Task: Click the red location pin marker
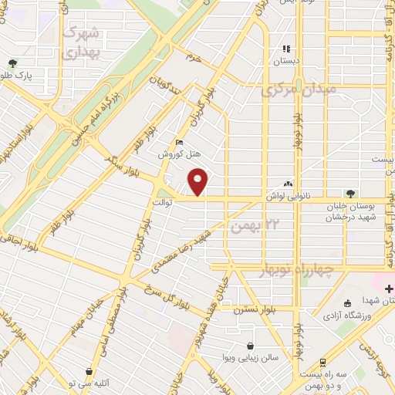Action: tap(198, 181)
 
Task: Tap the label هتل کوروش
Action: tap(174, 154)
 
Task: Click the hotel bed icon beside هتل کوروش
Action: tap(180, 142)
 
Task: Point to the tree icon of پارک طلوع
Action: tap(12, 64)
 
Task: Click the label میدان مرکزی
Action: tap(299, 89)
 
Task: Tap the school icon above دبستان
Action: tap(286, 49)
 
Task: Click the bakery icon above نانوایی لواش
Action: tap(288, 184)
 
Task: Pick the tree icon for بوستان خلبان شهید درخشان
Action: tap(351, 193)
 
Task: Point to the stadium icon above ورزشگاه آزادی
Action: tap(347, 302)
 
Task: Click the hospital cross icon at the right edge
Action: tap(388, 288)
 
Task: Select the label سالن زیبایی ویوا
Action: tap(249, 359)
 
